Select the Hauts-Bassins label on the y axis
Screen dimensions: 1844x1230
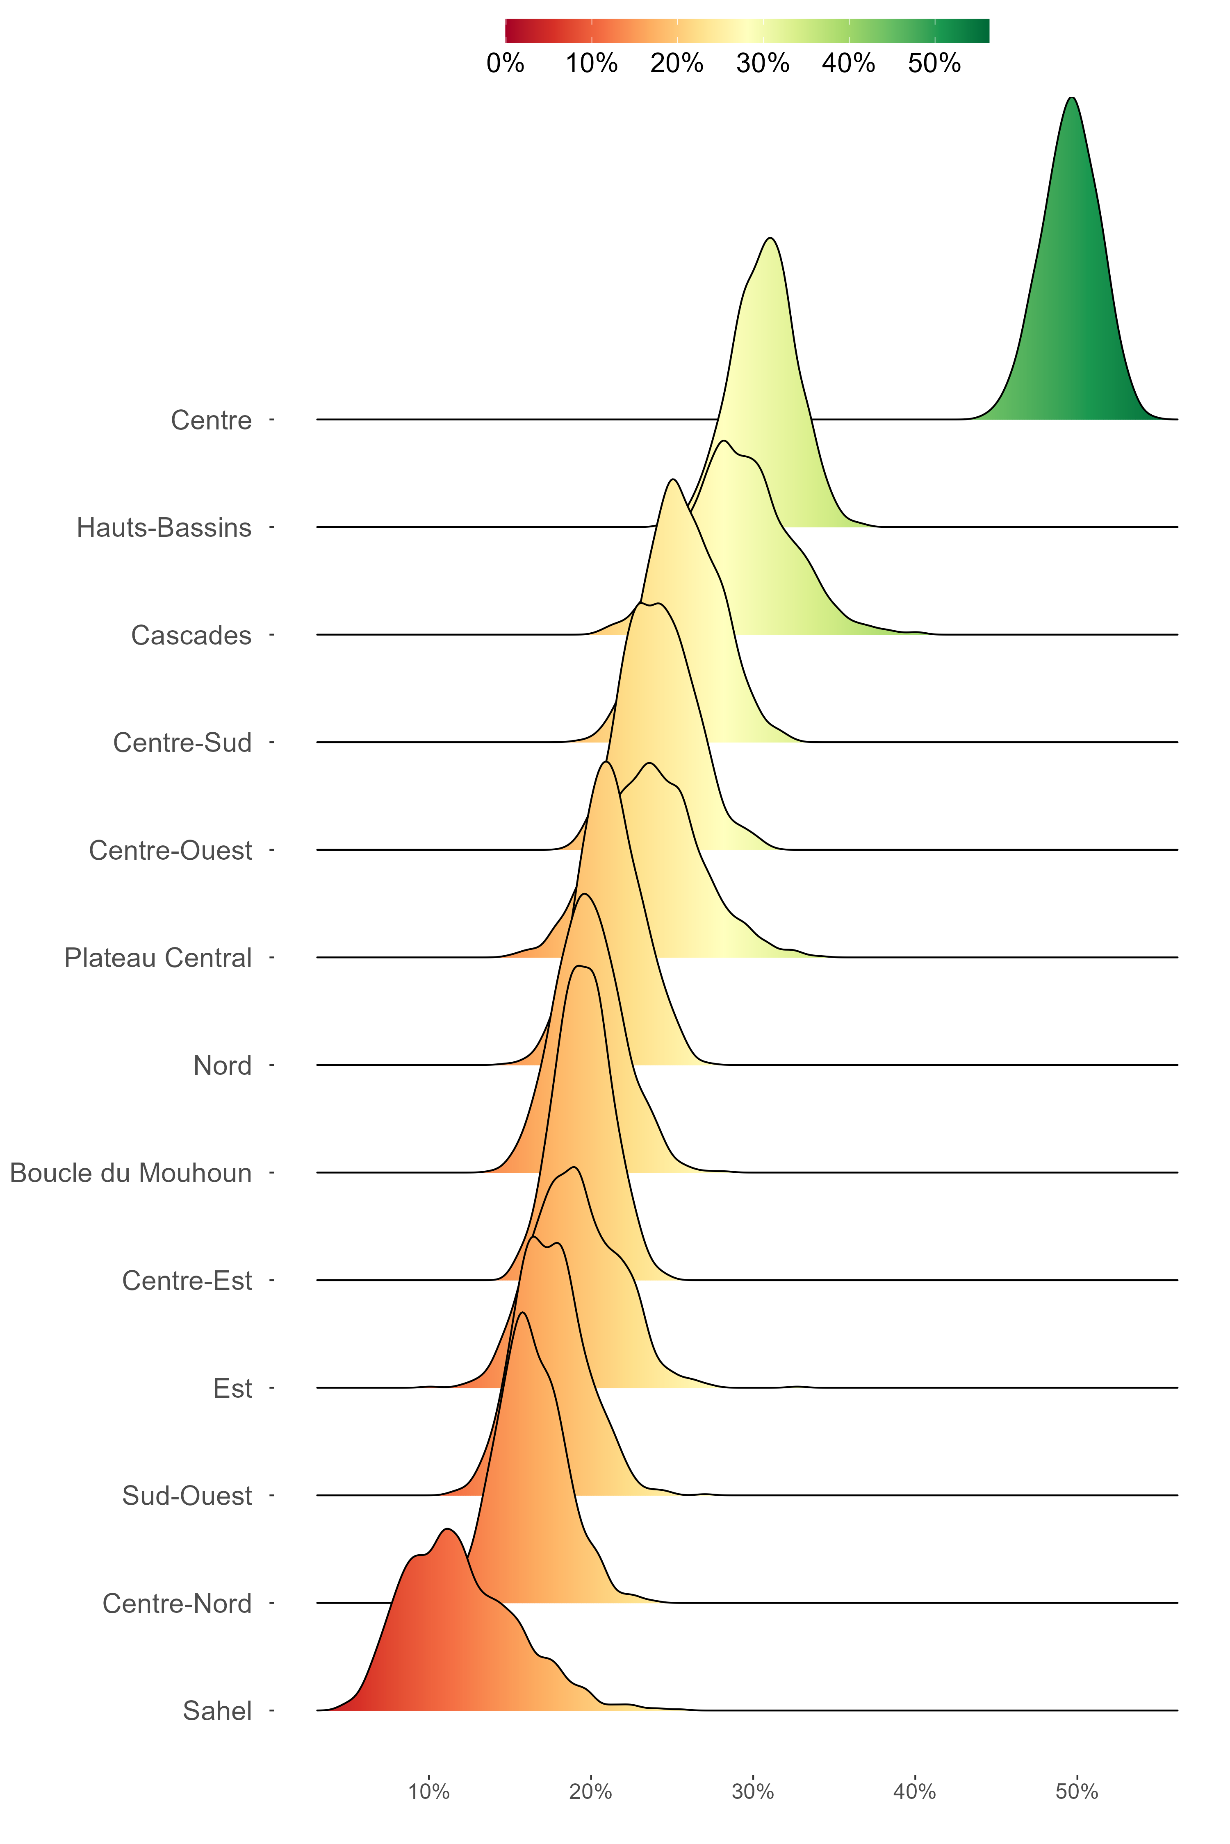point(164,528)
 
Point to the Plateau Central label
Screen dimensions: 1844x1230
point(158,958)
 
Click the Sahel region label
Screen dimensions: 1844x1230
point(217,1711)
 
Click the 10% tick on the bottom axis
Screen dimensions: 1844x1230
point(429,1792)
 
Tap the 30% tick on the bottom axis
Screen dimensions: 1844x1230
point(753,1792)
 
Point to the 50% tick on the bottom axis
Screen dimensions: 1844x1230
point(1077,1792)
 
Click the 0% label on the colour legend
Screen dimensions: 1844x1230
point(505,63)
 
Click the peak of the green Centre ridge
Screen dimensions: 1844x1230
point(1072,98)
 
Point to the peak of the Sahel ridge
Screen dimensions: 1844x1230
point(447,1530)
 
